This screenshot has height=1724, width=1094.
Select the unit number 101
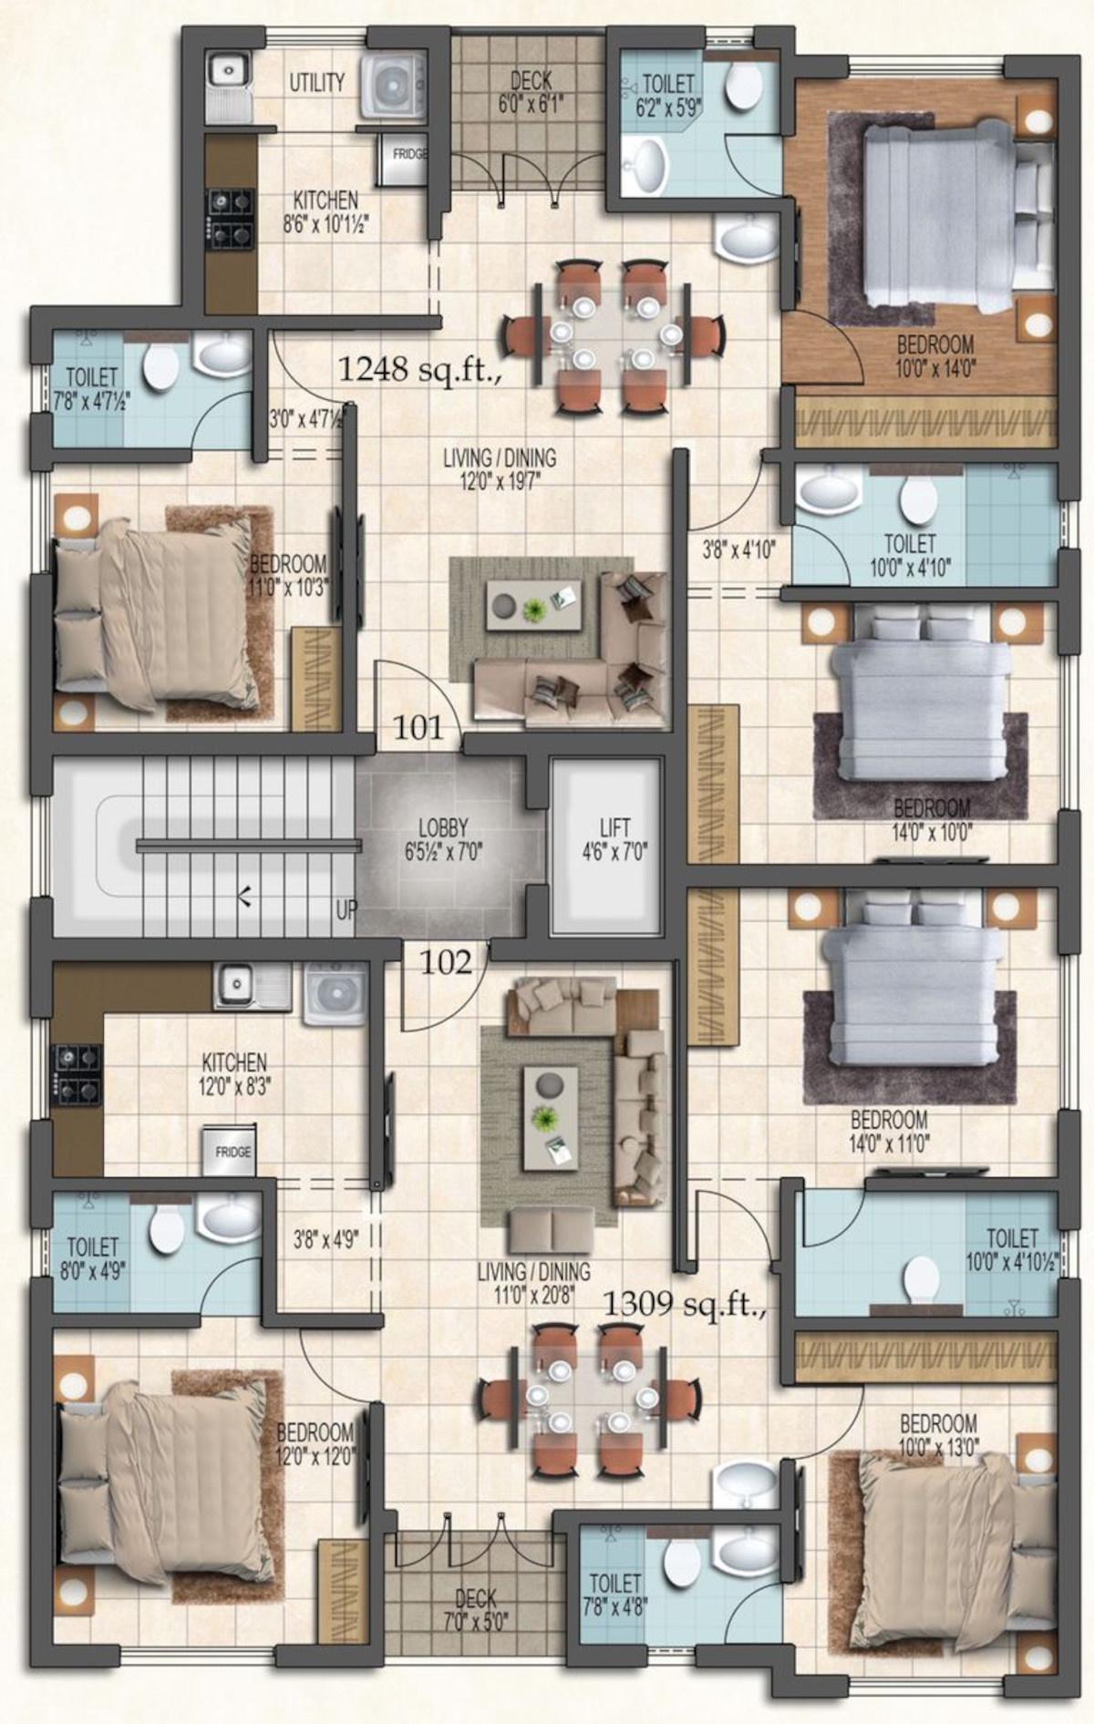(x=418, y=727)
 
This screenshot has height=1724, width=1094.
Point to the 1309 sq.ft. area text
(x=683, y=1304)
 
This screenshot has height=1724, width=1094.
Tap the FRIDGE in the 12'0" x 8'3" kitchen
(x=232, y=1152)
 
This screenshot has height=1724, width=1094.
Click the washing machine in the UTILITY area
(x=393, y=85)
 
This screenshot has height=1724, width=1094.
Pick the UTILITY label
(x=316, y=82)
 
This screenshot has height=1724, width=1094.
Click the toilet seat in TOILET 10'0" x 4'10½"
(x=923, y=1278)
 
